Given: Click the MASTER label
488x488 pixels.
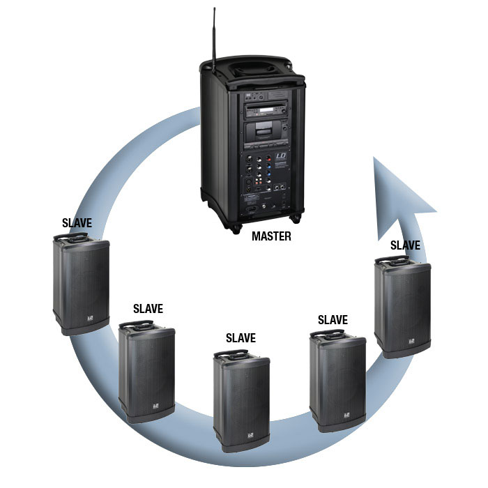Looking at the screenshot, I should [271, 236].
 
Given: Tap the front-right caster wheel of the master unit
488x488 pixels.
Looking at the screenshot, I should [295, 217].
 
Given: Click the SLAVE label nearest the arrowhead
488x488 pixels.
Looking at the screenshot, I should [405, 245].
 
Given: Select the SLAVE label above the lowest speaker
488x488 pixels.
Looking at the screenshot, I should [241, 338].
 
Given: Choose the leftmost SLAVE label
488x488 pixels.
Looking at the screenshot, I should [77, 224].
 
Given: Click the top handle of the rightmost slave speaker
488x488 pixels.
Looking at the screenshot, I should [392, 261].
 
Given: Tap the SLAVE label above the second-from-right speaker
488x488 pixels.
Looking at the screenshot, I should [332, 319].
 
